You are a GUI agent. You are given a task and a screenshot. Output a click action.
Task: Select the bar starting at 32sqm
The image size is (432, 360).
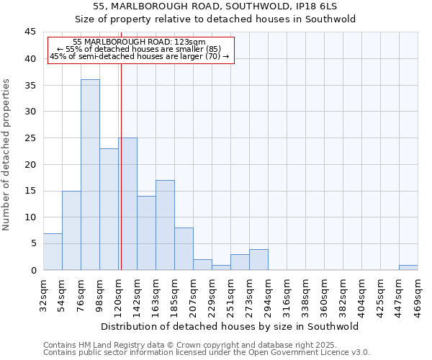[x=53, y=251]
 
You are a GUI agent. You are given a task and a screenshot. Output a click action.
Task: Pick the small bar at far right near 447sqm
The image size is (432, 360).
[x=408, y=267]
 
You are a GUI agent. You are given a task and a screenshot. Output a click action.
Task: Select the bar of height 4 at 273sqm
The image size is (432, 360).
[x=258, y=259]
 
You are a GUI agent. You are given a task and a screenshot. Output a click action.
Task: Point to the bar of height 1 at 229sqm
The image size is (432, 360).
[x=221, y=267]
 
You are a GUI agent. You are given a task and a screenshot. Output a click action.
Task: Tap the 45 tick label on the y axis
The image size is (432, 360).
[x=30, y=32]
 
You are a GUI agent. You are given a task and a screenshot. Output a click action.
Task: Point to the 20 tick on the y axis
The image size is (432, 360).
[x=30, y=164]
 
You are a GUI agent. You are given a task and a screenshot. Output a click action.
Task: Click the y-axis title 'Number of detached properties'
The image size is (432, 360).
[x=7, y=155]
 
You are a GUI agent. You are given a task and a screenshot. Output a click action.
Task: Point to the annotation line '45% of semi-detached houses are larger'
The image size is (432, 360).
[x=140, y=57]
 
